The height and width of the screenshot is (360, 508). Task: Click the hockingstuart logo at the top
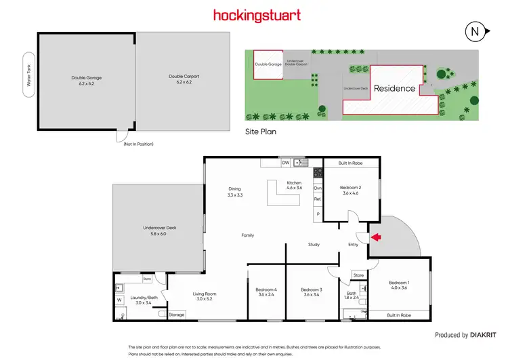click(x=257, y=15)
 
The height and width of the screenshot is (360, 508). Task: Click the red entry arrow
click(x=376, y=237)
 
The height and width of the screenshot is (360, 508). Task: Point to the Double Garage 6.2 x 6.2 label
click(x=86, y=79)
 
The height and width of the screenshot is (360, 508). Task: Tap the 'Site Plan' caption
click(x=261, y=133)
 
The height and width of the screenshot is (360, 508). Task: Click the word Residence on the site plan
click(x=394, y=89)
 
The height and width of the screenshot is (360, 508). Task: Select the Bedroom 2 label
click(x=350, y=191)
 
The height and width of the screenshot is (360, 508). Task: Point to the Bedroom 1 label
click(x=398, y=285)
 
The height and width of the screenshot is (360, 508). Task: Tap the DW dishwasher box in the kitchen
click(x=286, y=163)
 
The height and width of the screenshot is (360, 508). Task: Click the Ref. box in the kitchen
click(x=317, y=199)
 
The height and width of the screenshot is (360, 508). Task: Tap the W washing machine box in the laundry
click(x=119, y=299)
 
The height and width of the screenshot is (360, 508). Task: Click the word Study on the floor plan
click(x=313, y=245)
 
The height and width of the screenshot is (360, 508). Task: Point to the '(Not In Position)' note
click(x=137, y=143)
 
